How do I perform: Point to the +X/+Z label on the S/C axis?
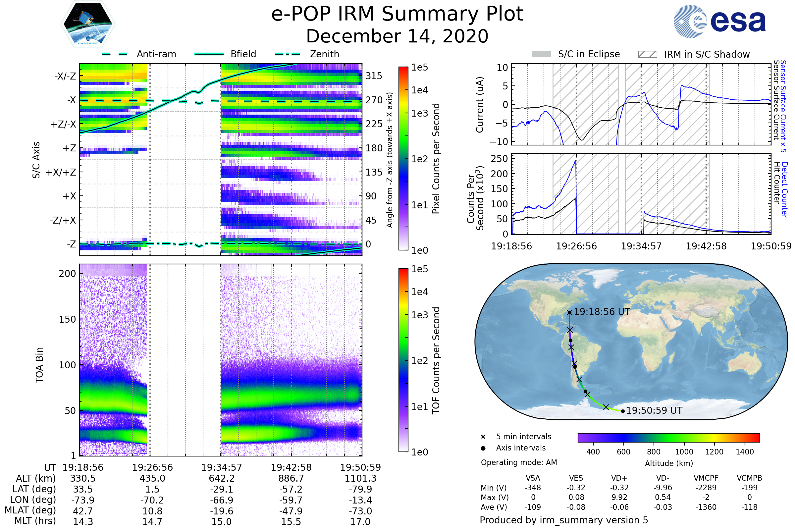pyautogui.click(x=61, y=172)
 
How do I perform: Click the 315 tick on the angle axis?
pyautogui.click(x=374, y=76)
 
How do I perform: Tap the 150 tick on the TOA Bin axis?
pyautogui.click(x=67, y=319)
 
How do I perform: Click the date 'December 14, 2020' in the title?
pyautogui.click(x=397, y=36)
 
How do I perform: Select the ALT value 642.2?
pyautogui.click(x=222, y=479)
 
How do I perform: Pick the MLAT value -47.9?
pyautogui.click(x=291, y=511)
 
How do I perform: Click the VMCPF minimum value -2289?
pyautogui.click(x=706, y=488)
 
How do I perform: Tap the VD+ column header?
pyautogui.click(x=619, y=478)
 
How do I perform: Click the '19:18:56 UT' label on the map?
pyautogui.click(x=602, y=312)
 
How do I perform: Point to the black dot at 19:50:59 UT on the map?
pyautogui.click(x=623, y=411)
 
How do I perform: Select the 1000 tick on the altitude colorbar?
pyautogui.click(x=684, y=452)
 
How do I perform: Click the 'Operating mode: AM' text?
pyautogui.click(x=519, y=462)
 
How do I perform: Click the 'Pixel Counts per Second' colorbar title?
pyautogui.click(x=436, y=158)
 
